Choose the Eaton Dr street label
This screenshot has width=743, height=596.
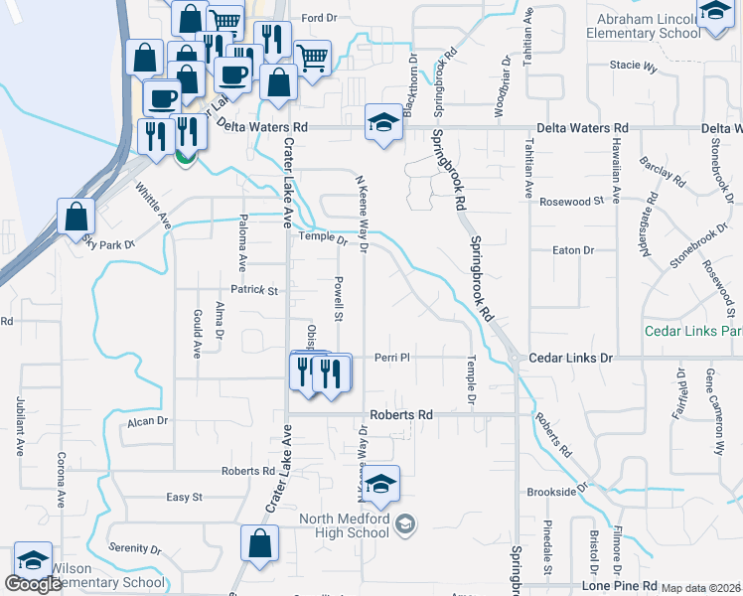tap(572, 251)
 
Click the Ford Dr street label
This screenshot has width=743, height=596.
tap(320, 18)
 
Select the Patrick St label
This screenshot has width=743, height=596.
tap(254, 290)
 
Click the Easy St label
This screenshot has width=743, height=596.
tap(184, 497)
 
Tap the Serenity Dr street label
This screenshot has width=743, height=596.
tap(135, 548)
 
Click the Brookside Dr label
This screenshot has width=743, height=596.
tap(558, 491)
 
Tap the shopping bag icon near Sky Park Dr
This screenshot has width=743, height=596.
tap(76, 217)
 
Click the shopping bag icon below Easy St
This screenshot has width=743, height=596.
tap(259, 544)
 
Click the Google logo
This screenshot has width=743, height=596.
tap(33, 585)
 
